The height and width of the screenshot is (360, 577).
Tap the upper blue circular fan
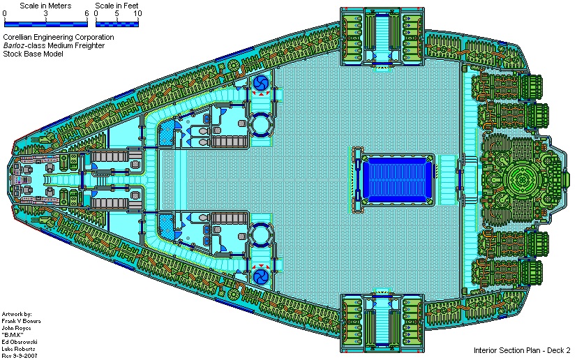(x=262, y=83)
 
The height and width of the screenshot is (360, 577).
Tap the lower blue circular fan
(x=262, y=276)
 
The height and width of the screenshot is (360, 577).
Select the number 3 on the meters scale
(x=45, y=14)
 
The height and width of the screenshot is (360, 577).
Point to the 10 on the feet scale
(x=137, y=14)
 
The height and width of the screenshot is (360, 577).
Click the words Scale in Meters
(x=45, y=6)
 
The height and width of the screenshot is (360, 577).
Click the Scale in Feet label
(x=117, y=6)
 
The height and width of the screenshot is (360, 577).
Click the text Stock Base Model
(x=33, y=54)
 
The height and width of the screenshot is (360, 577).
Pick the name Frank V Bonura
(x=21, y=321)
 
